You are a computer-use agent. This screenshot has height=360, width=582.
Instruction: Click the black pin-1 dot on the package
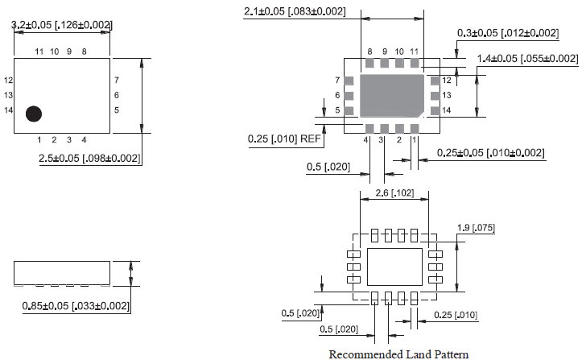[33, 114]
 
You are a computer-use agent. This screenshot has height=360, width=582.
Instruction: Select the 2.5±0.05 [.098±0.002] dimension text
[90, 158]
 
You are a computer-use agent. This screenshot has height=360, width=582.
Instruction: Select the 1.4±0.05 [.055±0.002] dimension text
[527, 59]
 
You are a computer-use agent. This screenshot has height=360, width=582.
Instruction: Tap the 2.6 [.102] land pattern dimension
[394, 193]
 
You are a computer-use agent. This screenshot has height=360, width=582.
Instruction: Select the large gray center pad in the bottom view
[392, 95]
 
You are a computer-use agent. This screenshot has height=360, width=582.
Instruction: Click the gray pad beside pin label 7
[349, 81]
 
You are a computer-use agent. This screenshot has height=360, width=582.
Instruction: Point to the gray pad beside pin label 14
[435, 110]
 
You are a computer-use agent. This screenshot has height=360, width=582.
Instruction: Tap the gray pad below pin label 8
[370, 62]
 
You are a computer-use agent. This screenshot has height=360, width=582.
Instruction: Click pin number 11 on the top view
[39, 52]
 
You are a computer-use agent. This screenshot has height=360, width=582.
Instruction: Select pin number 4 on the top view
[84, 140]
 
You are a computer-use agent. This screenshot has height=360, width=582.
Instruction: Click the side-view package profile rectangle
[61, 272]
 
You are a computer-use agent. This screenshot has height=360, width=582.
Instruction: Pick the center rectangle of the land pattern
[394, 266]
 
